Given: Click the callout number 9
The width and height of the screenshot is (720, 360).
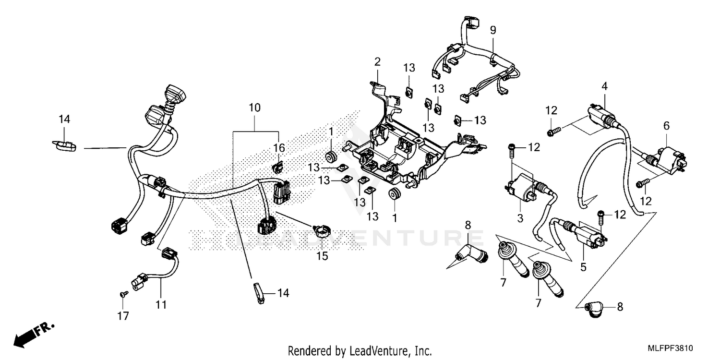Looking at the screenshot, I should click(492, 30).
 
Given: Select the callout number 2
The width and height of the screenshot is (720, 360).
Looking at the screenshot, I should click(377, 61).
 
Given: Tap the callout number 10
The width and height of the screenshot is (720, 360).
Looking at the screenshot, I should click(255, 108).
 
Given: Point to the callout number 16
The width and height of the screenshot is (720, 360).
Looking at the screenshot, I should click(279, 148).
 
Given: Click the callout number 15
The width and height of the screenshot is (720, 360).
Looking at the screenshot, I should click(322, 256).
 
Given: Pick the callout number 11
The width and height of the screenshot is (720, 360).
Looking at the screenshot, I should click(162, 304).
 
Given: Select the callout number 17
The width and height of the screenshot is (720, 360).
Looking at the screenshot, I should click(123, 316).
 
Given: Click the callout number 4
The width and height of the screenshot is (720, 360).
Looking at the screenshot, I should click(604, 86).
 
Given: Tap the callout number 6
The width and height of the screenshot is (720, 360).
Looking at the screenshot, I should click(666, 126).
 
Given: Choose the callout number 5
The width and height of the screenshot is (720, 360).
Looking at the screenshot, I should click(583, 268).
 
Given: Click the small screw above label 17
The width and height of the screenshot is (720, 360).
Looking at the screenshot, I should click(123, 294).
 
